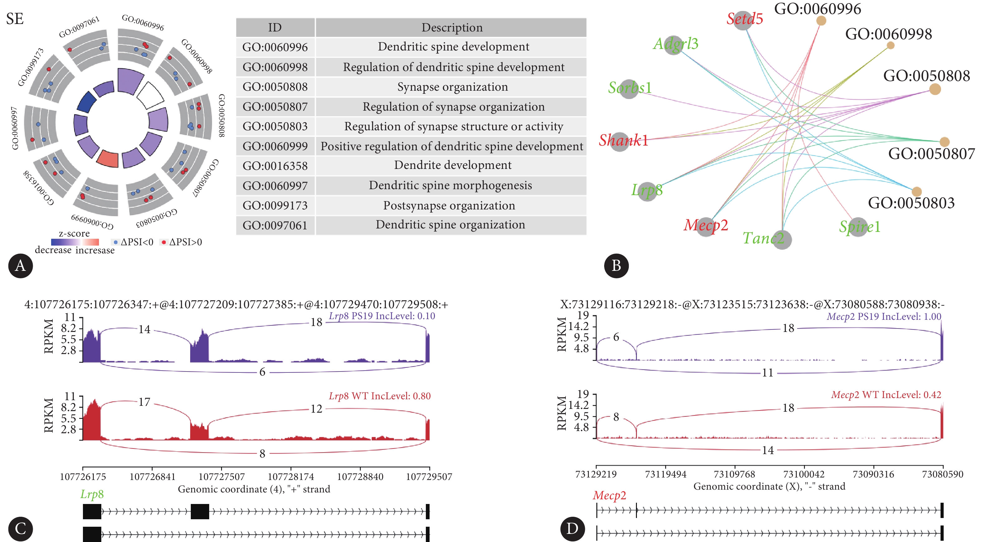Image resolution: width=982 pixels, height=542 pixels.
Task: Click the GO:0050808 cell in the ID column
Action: click(x=275, y=87)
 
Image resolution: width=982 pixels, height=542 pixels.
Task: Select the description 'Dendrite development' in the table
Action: click(x=452, y=165)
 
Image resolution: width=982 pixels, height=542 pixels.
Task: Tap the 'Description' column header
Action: click(x=452, y=27)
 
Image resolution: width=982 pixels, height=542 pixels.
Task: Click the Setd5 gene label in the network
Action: click(x=744, y=19)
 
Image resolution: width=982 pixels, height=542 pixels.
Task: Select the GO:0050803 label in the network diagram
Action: click(x=911, y=203)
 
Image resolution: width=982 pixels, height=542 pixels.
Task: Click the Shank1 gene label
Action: click(x=623, y=140)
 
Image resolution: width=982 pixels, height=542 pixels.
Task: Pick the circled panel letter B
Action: click(x=616, y=266)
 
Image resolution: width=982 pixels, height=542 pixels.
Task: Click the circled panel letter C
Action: click(x=20, y=528)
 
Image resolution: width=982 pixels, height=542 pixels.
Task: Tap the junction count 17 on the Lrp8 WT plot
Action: click(x=144, y=402)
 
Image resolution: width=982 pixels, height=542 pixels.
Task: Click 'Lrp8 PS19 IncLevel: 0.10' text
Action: click(x=382, y=316)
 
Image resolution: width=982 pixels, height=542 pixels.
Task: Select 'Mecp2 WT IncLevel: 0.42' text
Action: click(x=886, y=395)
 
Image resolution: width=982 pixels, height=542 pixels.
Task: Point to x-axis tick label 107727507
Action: click(x=221, y=477)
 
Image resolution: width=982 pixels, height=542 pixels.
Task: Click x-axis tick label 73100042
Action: click(x=804, y=474)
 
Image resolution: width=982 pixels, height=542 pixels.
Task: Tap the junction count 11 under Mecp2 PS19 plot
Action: click(x=768, y=373)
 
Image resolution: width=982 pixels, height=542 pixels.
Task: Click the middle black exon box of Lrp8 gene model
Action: click(x=200, y=511)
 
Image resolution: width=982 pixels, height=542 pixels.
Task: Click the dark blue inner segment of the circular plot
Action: click(x=87, y=102)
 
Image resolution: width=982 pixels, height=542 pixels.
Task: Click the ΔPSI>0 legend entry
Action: click(x=181, y=242)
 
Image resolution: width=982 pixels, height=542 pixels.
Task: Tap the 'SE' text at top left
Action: click(x=15, y=19)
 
